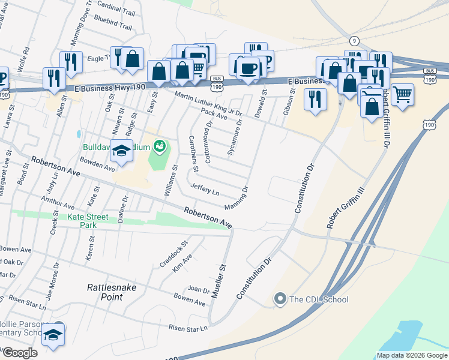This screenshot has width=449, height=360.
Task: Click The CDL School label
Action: coord(319,299)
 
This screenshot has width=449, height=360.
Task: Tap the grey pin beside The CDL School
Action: coord(280,299)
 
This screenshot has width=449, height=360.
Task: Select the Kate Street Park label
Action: coord(88,221)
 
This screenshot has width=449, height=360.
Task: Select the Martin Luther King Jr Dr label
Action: coord(208,104)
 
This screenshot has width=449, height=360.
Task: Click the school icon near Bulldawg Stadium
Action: coord(121,152)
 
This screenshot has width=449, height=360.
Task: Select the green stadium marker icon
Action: coord(159,145)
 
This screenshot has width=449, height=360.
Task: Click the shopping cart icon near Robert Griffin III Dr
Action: coord(402,94)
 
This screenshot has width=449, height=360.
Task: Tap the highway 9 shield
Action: coord(355,41)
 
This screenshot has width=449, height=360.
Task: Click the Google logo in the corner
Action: coord(20,353)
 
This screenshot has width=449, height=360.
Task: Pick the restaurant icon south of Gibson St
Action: coord(315,99)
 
